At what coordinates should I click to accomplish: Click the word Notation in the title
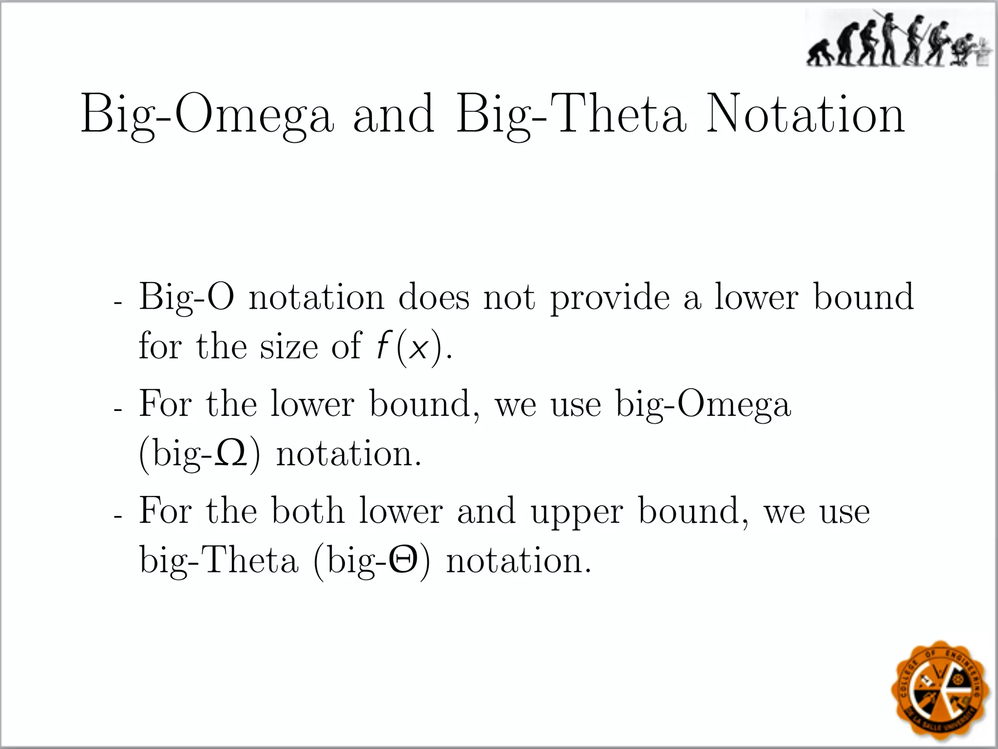(x=806, y=115)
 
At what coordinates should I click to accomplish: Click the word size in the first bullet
(x=289, y=346)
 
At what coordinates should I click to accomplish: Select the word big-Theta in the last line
(x=219, y=561)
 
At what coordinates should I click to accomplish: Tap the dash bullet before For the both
(x=117, y=516)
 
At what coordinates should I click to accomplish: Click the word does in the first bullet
(x=434, y=297)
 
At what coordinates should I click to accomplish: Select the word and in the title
(x=393, y=115)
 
